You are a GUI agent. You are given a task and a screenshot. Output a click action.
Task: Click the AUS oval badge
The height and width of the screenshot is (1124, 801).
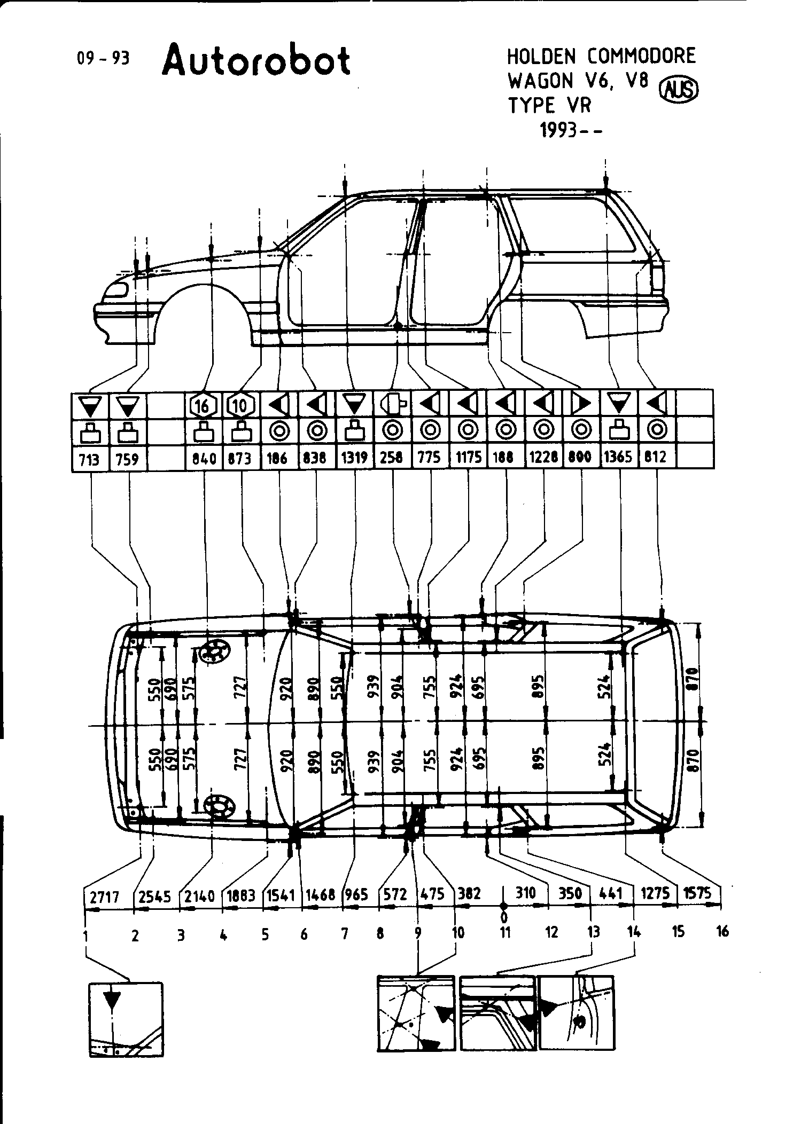point(680,90)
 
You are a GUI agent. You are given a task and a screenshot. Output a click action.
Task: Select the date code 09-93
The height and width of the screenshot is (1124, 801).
point(103,58)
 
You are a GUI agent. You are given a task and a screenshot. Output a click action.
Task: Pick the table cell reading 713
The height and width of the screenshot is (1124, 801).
point(89,459)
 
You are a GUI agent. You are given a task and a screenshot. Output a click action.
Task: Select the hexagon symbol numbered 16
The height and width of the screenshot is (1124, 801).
point(203,406)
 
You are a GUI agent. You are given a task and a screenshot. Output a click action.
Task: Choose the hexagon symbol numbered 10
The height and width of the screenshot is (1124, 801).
point(240,406)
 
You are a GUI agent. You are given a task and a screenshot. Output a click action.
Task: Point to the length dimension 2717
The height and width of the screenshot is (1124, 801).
point(104,897)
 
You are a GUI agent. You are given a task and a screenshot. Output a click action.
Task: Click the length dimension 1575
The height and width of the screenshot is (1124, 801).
point(697,893)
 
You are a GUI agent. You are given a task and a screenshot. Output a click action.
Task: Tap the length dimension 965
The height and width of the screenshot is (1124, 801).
point(356,894)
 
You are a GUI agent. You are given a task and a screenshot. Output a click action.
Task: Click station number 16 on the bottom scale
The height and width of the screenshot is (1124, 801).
point(722,933)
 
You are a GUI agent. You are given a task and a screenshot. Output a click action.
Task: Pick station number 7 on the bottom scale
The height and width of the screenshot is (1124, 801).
point(344,933)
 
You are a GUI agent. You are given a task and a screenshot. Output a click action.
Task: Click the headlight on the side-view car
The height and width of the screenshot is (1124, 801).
point(116,290)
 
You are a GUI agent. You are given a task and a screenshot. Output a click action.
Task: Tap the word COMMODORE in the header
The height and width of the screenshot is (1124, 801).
point(641,56)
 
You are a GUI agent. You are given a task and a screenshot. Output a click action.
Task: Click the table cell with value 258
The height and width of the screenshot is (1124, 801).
point(392,458)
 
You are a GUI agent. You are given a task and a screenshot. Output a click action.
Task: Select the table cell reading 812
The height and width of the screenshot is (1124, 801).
point(657,458)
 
